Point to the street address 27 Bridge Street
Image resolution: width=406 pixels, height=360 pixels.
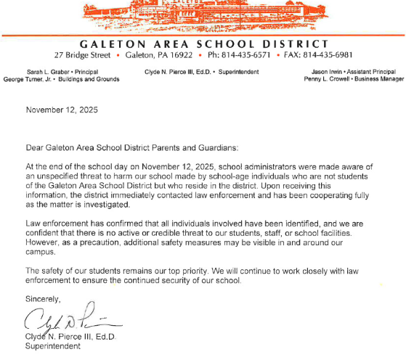pyautogui.click(x=82, y=55)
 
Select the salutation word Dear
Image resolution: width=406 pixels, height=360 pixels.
pyautogui.click(x=35, y=147)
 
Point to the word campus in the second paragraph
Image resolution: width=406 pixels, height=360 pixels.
pyautogui.click(x=41, y=253)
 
